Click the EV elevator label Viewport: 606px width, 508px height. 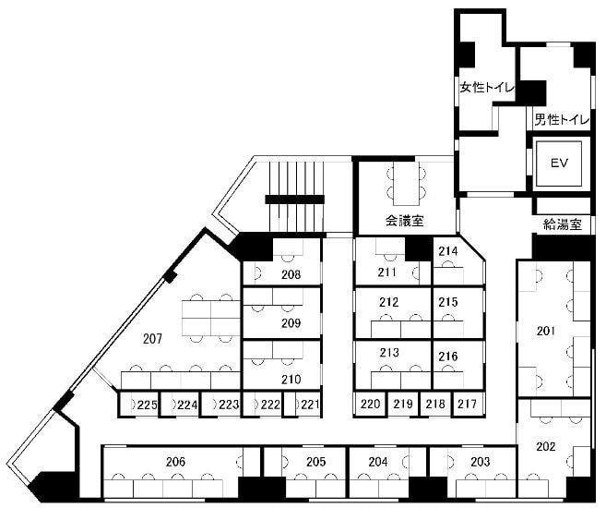pos(559,163)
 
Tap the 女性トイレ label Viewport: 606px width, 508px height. pos(487,88)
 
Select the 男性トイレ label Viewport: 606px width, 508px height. pos(563,119)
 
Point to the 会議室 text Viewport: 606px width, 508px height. pos(405,221)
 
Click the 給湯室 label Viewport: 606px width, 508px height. pos(563,224)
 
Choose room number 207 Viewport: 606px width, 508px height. pos(152,339)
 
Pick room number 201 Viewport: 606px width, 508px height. pos(546,331)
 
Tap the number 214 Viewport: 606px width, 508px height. pos(448,251)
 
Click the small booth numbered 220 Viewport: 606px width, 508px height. pos(370,404)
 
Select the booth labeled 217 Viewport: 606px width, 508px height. pos(468,404)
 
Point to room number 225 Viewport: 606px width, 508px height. pos(148,405)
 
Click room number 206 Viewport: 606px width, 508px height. pos(175,462)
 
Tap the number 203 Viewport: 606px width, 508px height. pos(481,462)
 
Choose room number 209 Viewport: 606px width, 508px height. pos(291,322)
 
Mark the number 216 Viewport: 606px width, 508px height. pos(448,356)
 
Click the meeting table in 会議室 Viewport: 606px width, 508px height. pos(406,184)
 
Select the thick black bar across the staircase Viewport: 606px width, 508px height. pos(294,200)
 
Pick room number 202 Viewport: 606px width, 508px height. pos(546,446)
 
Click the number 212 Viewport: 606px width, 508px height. pos(389,302)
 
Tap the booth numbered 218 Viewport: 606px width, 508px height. pos(435,404)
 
